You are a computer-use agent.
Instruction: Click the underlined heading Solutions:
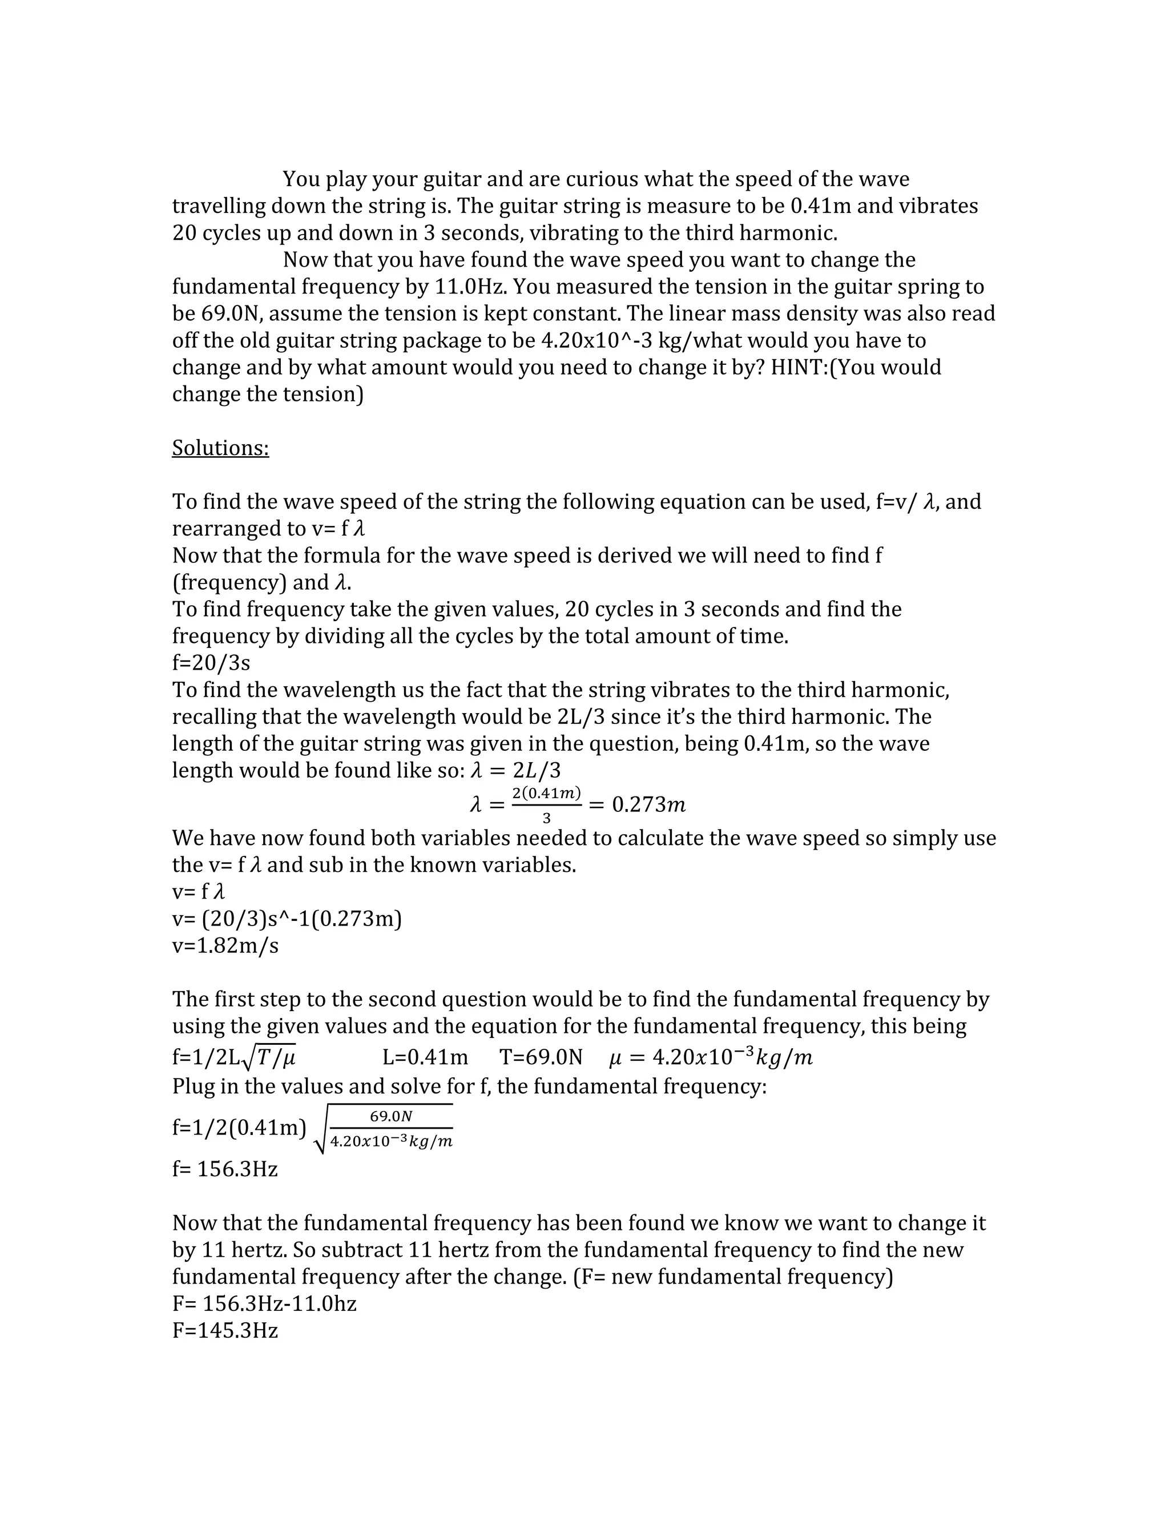(220, 448)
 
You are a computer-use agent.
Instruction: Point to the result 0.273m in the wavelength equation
(649, 804)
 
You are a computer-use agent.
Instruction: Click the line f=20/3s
(211, 663)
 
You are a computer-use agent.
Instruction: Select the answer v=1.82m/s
(225, 945)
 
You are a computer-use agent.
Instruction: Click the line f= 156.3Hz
(225, 1169)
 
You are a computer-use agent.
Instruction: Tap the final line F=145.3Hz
(225, 1331)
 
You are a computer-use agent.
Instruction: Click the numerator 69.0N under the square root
(391, 1116)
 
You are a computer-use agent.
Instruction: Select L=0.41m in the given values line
(425, 1058)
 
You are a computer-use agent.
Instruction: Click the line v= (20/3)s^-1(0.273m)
(287, 919)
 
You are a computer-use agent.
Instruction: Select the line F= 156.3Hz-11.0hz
(264, 1304)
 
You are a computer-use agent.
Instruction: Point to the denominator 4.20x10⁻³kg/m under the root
(391, 1142)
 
